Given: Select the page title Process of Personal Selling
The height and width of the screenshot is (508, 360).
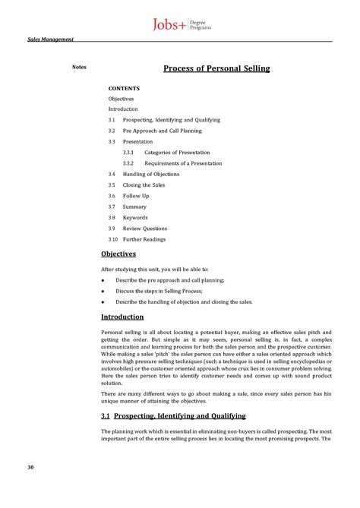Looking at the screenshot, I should click(216, 69).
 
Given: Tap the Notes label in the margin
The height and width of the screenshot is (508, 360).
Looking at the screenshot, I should click(79, 67).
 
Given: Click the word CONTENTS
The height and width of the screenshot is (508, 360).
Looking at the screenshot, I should click(124, 88).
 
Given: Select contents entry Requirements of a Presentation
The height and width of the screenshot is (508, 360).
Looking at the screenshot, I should click(183, 163).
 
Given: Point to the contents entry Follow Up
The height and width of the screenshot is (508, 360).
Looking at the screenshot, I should click(136, 196).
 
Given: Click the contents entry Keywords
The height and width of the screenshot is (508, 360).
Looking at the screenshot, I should click(135, 217).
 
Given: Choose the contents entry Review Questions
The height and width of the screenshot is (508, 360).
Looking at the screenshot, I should click(145, 229).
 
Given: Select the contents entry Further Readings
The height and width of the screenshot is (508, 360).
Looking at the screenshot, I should click(144, 239).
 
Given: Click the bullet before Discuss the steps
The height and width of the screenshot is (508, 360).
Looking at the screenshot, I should click(103, 291).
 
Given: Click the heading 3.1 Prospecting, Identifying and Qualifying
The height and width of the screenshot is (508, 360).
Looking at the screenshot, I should click(173, 416).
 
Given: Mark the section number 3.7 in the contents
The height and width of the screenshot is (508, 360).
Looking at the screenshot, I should click(112, 207).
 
